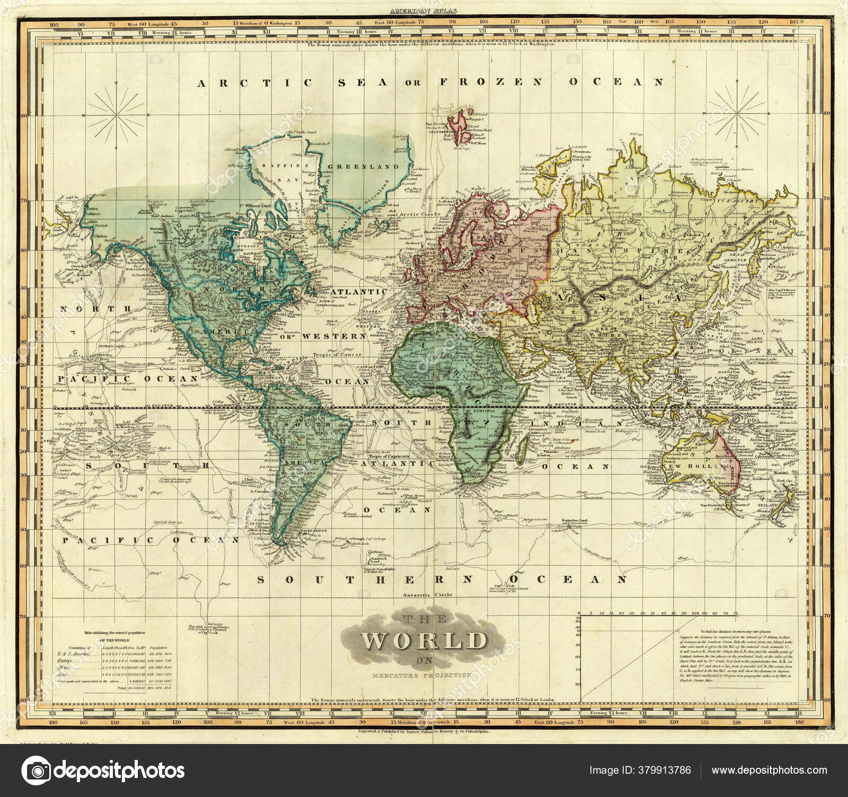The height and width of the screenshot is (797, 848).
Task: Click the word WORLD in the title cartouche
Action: pos(424,641)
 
